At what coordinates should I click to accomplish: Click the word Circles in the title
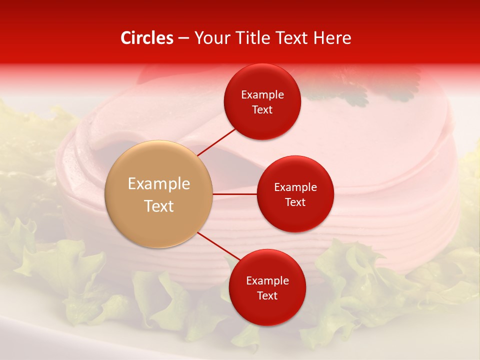click(x=146, y=38)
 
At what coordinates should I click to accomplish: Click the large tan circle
click(x=159, y=194)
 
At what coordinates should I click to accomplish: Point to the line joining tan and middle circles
click(x=235, y=193)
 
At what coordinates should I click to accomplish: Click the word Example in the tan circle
click(x=159, y=184)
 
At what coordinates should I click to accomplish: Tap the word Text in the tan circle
click(x=159, y=206)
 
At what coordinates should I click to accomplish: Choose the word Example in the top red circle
click(x=262, y=95)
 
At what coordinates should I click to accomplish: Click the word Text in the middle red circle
click(x=295, y=202)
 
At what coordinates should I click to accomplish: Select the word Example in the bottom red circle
click(x=267, y=281)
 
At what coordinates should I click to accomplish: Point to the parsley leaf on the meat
click(x=350, y=92)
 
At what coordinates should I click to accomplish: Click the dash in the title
click(x=183, y=38)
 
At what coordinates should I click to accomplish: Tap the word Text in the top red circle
click(x=262, y=110)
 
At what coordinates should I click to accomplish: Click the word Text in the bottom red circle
click(x=267, y=295)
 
